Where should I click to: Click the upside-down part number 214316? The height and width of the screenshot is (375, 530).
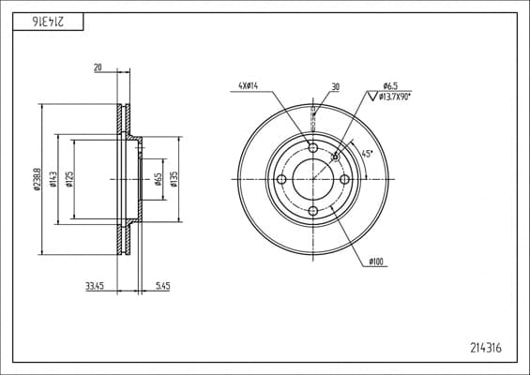[x=48, y=22]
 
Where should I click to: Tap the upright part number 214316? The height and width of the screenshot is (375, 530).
[x=486, y=348]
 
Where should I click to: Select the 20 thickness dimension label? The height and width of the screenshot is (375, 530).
[x=98, y=67]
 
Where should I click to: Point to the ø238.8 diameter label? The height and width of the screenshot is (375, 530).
[x=38, y=179]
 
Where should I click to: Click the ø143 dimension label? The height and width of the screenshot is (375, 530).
[x=53, y=179]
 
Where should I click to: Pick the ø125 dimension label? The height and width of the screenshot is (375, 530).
[x=69, y=179]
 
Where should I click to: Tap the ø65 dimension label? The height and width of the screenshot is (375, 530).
[x=158, y=179]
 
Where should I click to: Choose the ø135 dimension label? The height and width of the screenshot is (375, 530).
[x=174, y=179]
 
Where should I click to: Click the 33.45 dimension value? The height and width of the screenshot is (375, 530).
[x=95, y=287]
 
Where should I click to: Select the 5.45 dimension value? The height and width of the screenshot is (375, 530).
[x=162, y=287]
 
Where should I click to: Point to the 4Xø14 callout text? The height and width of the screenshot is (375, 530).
[x=248, y=86]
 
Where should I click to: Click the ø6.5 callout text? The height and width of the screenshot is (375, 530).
[x=390, y=86]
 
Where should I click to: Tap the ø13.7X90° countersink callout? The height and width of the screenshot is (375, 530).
[x=395, y=97]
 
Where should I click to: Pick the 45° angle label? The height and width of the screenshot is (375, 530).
[x=367, y=154]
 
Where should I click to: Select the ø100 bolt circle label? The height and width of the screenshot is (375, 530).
[x=376, y=262]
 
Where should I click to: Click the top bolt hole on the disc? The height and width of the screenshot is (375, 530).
[x=313, y=147]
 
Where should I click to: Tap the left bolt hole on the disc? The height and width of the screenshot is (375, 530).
[x=281, y=179]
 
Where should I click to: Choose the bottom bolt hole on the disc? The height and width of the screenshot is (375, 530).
[x=313, y=211]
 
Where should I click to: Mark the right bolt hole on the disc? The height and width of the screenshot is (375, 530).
[x=345, y=179]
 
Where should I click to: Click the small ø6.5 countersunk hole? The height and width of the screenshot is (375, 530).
[x=335, y=157]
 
